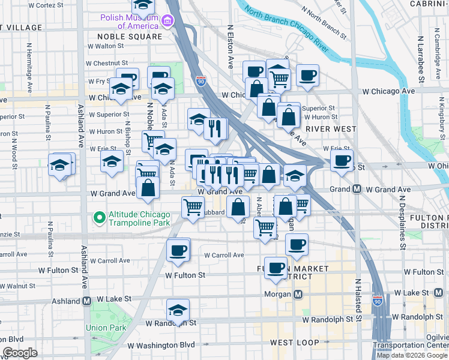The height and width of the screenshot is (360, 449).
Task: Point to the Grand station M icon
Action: (x=356, y=189)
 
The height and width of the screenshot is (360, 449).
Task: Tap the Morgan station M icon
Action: (x=298, y=294)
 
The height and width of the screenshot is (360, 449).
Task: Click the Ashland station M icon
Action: (x=86, y=301)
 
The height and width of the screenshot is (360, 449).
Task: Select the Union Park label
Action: (x=104, y=328)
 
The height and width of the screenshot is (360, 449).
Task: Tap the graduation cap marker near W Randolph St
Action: (x=178, y=310)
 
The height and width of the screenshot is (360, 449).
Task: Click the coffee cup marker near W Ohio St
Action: (x=342, y=160)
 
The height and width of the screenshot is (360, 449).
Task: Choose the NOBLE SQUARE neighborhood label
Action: (x=130, y=37)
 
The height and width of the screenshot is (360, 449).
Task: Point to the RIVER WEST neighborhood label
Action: (x=331, y=128)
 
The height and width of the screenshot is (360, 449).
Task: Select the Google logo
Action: (x=20, y=353)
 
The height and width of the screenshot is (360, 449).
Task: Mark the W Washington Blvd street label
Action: (x=161, y=345)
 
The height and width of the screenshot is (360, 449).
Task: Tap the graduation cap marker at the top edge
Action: (x=142, y=6)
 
